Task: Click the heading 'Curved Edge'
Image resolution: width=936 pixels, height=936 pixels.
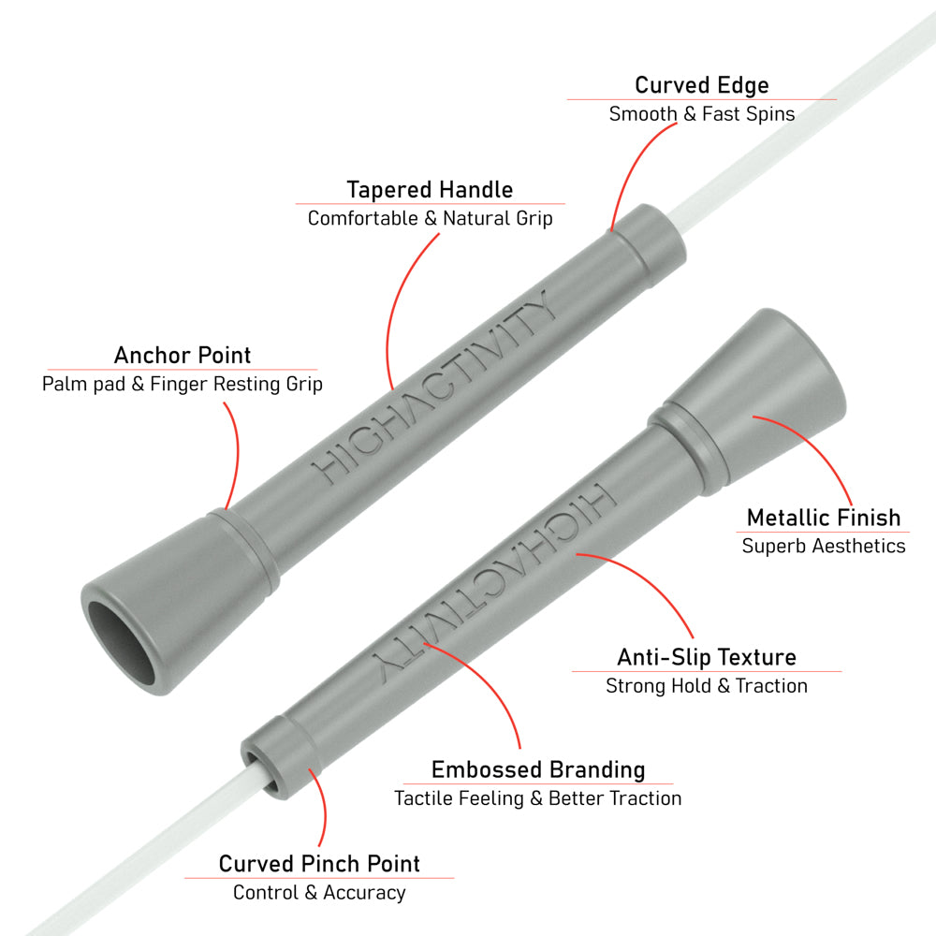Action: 701,85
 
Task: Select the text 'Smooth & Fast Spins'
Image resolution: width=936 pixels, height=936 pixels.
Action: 701,113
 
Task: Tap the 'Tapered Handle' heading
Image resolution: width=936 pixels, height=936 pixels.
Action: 430,190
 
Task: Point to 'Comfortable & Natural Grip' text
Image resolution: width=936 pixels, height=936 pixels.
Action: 430,218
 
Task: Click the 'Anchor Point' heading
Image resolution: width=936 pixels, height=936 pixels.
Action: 183,355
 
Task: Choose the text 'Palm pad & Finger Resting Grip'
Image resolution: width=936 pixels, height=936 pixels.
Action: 183,384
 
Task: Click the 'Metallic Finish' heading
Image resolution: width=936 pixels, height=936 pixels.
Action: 823,518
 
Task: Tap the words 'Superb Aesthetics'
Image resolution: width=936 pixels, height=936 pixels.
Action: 823,546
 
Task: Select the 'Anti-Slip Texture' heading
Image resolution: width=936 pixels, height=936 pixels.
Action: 707,657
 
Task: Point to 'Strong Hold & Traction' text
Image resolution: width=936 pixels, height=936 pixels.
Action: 707,686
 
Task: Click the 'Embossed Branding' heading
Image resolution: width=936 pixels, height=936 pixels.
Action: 538,770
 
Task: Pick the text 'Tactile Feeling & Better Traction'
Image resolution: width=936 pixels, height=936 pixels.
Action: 538,798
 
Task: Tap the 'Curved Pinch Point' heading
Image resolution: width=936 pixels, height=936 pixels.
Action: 319,864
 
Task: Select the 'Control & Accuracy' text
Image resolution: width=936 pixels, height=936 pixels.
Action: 319,892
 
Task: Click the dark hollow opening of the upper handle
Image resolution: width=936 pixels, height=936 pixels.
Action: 120,643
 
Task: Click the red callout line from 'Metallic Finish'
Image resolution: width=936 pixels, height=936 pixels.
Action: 816,447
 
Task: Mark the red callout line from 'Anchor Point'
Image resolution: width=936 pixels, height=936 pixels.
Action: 237,454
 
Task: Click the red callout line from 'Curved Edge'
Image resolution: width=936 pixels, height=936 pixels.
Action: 633,168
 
